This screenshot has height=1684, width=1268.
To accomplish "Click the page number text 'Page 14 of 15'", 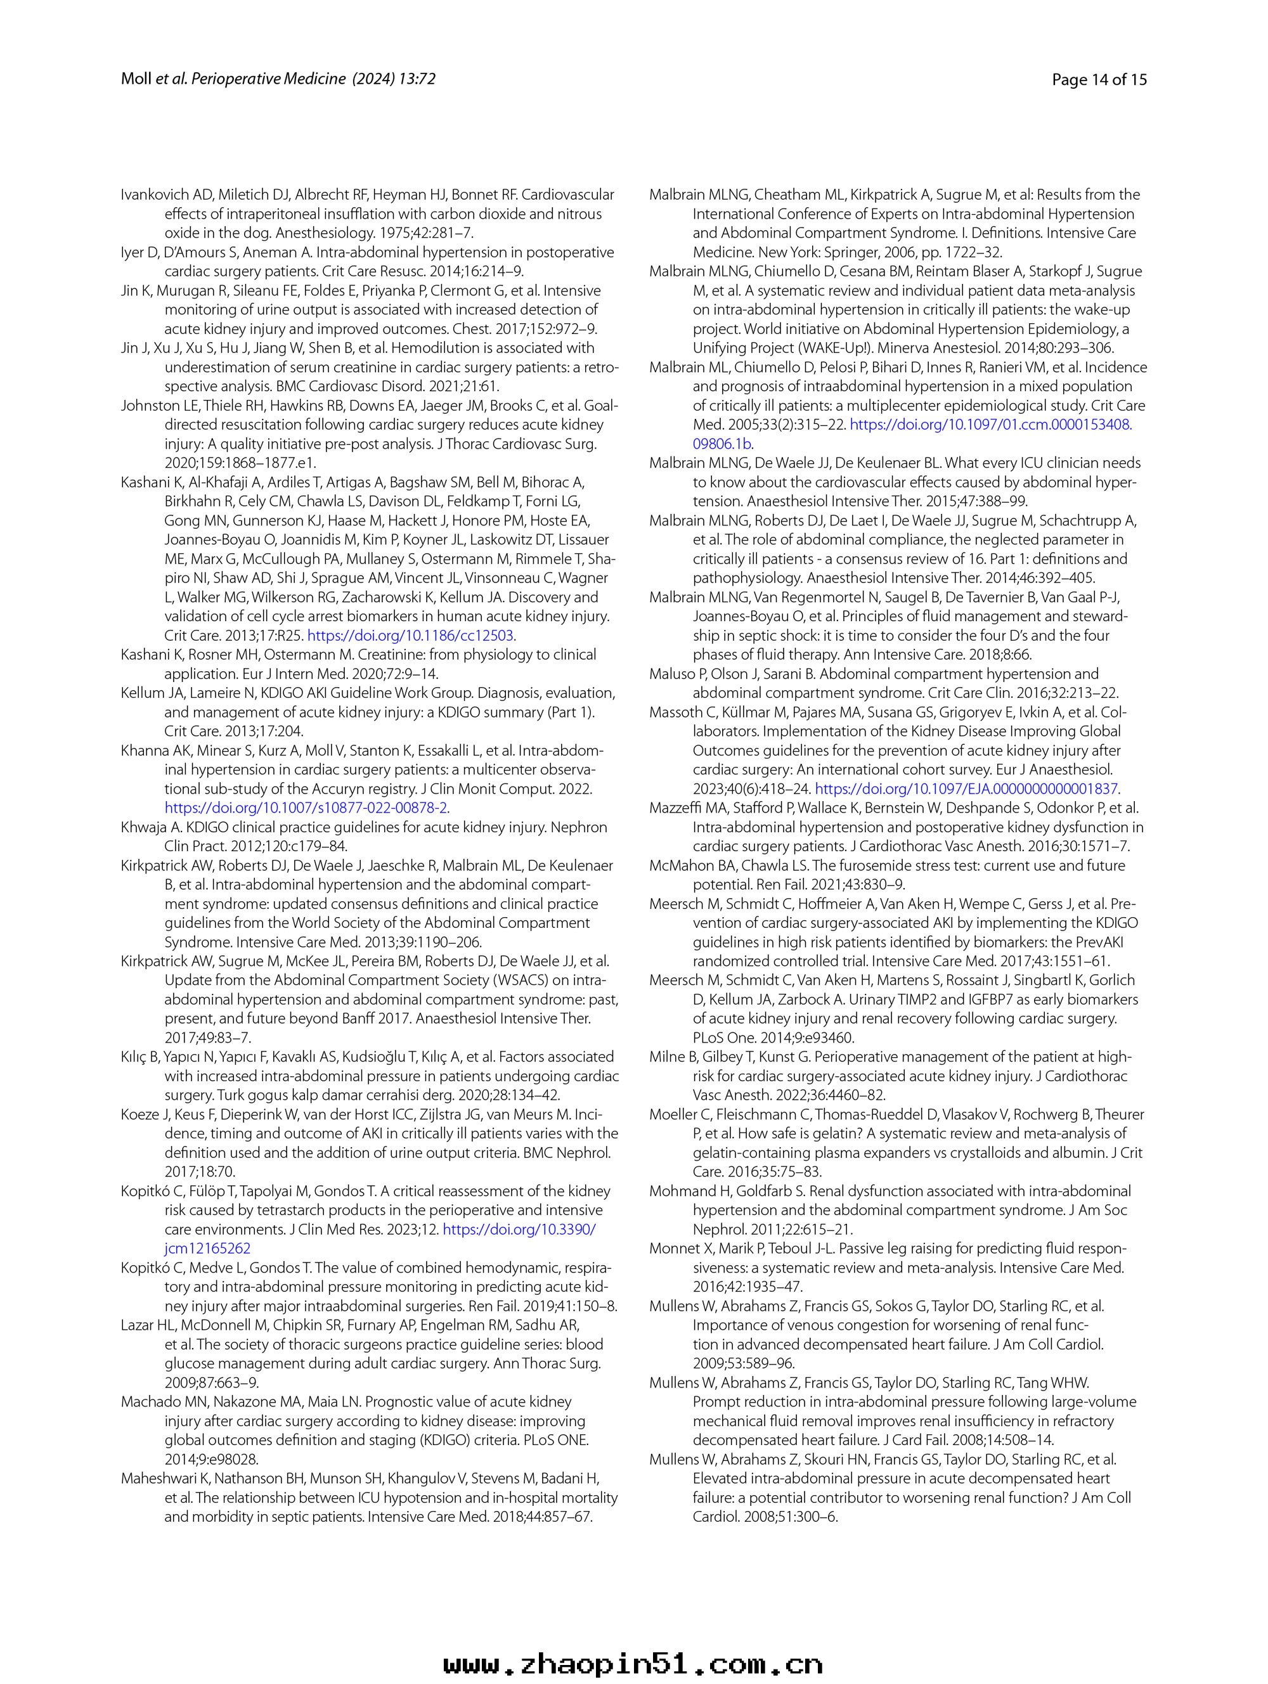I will [1098, 79].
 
